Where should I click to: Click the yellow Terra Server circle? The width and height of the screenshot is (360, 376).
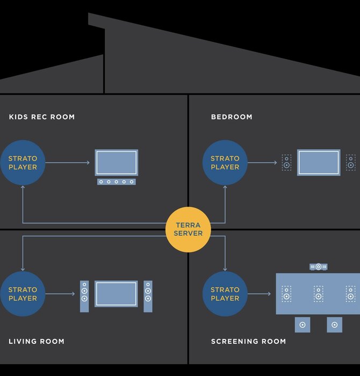point(188,229)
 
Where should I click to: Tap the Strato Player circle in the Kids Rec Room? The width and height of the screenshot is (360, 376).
point(23,163)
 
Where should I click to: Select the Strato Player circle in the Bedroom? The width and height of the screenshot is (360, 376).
point(225,163)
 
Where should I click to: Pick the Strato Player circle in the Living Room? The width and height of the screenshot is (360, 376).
point(23,294)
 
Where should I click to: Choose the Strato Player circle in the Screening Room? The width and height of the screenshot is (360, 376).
point(225,294)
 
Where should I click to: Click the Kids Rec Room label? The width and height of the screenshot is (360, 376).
point(42,117)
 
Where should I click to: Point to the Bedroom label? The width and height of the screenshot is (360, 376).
point(232,117)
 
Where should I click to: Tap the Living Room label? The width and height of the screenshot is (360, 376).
point(37,341)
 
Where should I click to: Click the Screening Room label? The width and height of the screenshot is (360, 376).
point(248,341)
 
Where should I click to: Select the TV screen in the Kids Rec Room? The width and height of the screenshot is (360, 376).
point(117,162)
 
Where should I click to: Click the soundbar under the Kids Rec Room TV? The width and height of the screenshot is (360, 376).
point(117,182)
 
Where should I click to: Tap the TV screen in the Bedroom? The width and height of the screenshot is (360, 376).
point(319,162)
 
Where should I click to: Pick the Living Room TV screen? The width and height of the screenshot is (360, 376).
point(116,294)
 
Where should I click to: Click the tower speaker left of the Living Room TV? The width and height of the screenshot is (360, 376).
point(84,297)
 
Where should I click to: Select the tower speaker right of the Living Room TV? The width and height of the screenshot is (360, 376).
point(148,297)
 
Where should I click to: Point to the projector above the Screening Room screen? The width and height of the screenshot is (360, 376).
point(319,266)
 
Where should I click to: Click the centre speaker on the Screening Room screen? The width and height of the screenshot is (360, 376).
point(319,293)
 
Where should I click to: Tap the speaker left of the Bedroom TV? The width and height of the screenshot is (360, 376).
point(286,162)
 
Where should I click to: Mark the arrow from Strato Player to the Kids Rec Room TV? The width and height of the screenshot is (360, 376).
point(67,163)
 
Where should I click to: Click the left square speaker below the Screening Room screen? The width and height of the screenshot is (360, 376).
point(303,324)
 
